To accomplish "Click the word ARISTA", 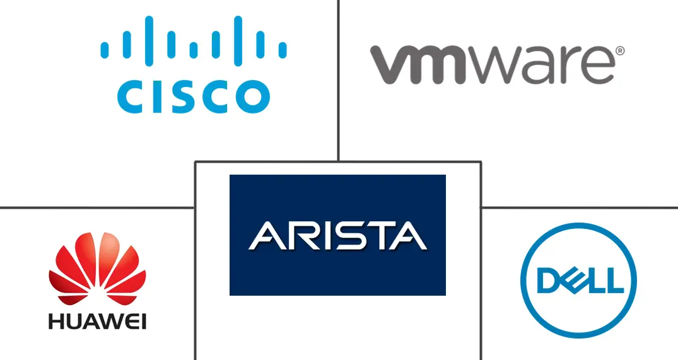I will pyautogui.click(x=337, y=235).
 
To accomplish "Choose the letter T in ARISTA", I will pyautogui.click(x=376, y=235).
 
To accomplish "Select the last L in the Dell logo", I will pyautogui.click(x=606, y=279).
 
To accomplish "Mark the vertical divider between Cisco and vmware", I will pyautogui.click(x=339, y=76).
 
